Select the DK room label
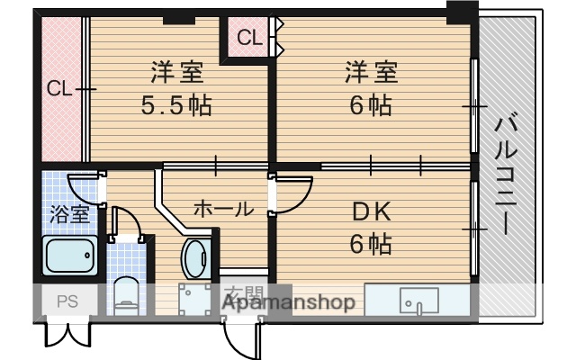pyautogui.click(x=370, y=212)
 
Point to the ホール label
pyautogui.click(x=223, y=209)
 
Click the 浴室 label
pyautogui.click(x=68, y=214)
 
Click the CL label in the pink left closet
pyautogui.click(x=59, y=88)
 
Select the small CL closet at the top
pyautogui.click(x=250, y=38)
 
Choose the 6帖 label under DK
pyautogui.click(x=370, y=243)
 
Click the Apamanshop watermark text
pyautogui.click(x=288, y=303)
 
